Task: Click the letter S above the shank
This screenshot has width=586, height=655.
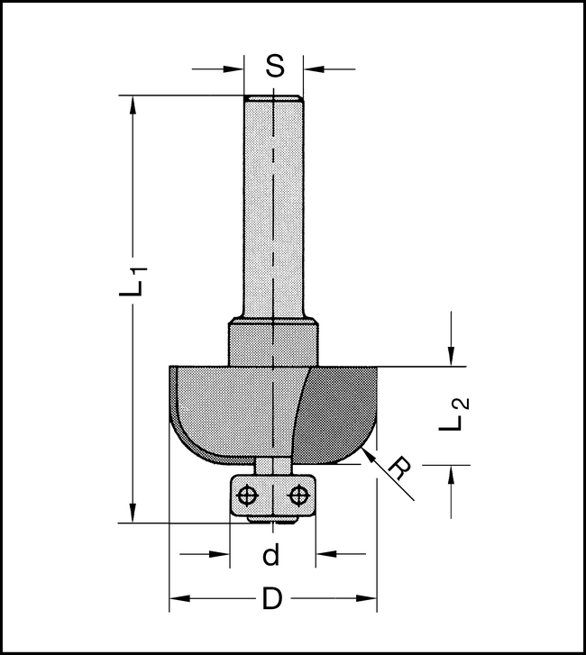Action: (275, 66)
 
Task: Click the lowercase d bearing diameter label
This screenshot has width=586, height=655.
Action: (270, 556)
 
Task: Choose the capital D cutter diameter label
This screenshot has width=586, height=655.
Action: (270, 597)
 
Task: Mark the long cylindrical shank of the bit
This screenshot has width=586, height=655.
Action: (274, 207)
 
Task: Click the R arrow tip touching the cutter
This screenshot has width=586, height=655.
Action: (364, 457)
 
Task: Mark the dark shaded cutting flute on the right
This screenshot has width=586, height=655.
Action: (343, 410)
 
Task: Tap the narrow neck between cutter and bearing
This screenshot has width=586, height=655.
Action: (272, 465)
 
